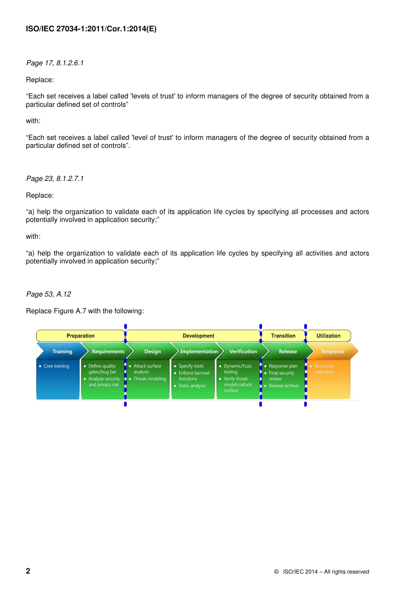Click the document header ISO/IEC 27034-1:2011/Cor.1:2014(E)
91,29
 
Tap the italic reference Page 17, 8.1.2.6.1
55,63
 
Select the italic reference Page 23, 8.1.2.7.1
55,179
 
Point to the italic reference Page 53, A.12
49,294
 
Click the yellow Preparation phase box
80,336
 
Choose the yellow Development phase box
198,336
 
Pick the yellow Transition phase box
283,336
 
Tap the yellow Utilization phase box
328,336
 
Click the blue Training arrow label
62,352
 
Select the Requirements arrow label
108,352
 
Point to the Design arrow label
153,352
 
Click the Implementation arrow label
199,352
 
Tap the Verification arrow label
243,352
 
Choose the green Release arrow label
288,352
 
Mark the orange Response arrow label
333,352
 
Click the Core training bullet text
56,366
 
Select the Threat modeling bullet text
150,379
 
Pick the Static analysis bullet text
192,386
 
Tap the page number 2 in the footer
28,571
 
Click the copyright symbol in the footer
277,572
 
